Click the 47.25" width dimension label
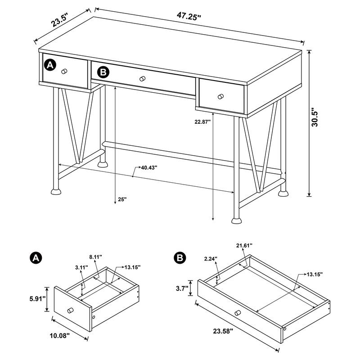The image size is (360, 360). [189, 16]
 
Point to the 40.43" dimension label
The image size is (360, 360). [148, 167]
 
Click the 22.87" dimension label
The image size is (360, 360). [200, 121]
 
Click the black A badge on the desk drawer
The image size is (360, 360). [49, 65]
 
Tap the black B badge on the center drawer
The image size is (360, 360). [103, 72]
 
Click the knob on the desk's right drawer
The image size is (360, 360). [220, 96]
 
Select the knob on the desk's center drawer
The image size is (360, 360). [143, 79]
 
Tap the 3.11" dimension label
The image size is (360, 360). [81, 267]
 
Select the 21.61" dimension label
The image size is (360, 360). [244, 245]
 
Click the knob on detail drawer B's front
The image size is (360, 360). [237, 313]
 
